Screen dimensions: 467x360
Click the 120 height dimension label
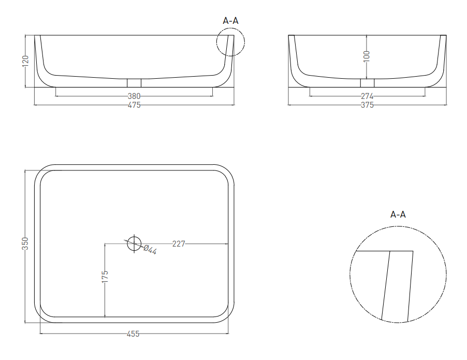coord(25,61)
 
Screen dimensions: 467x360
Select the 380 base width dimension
coord(134,96)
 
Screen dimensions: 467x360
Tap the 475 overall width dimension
coord(134,105)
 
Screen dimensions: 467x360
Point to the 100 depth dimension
coord(367,56)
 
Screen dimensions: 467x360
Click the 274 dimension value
coord(367,96)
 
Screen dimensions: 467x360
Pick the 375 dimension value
coord(367,105)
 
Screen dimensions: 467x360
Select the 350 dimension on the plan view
coord(25,243)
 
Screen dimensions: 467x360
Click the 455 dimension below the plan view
coord(133,334)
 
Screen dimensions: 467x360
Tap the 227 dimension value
coord(179,244)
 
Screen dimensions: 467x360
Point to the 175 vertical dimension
coord(105,277)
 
